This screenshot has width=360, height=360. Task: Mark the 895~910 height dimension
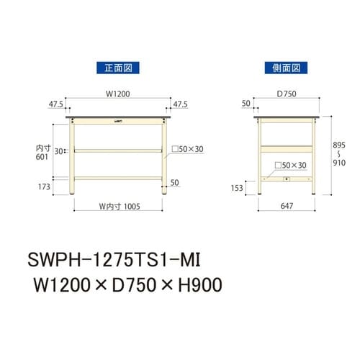pos(341,153)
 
